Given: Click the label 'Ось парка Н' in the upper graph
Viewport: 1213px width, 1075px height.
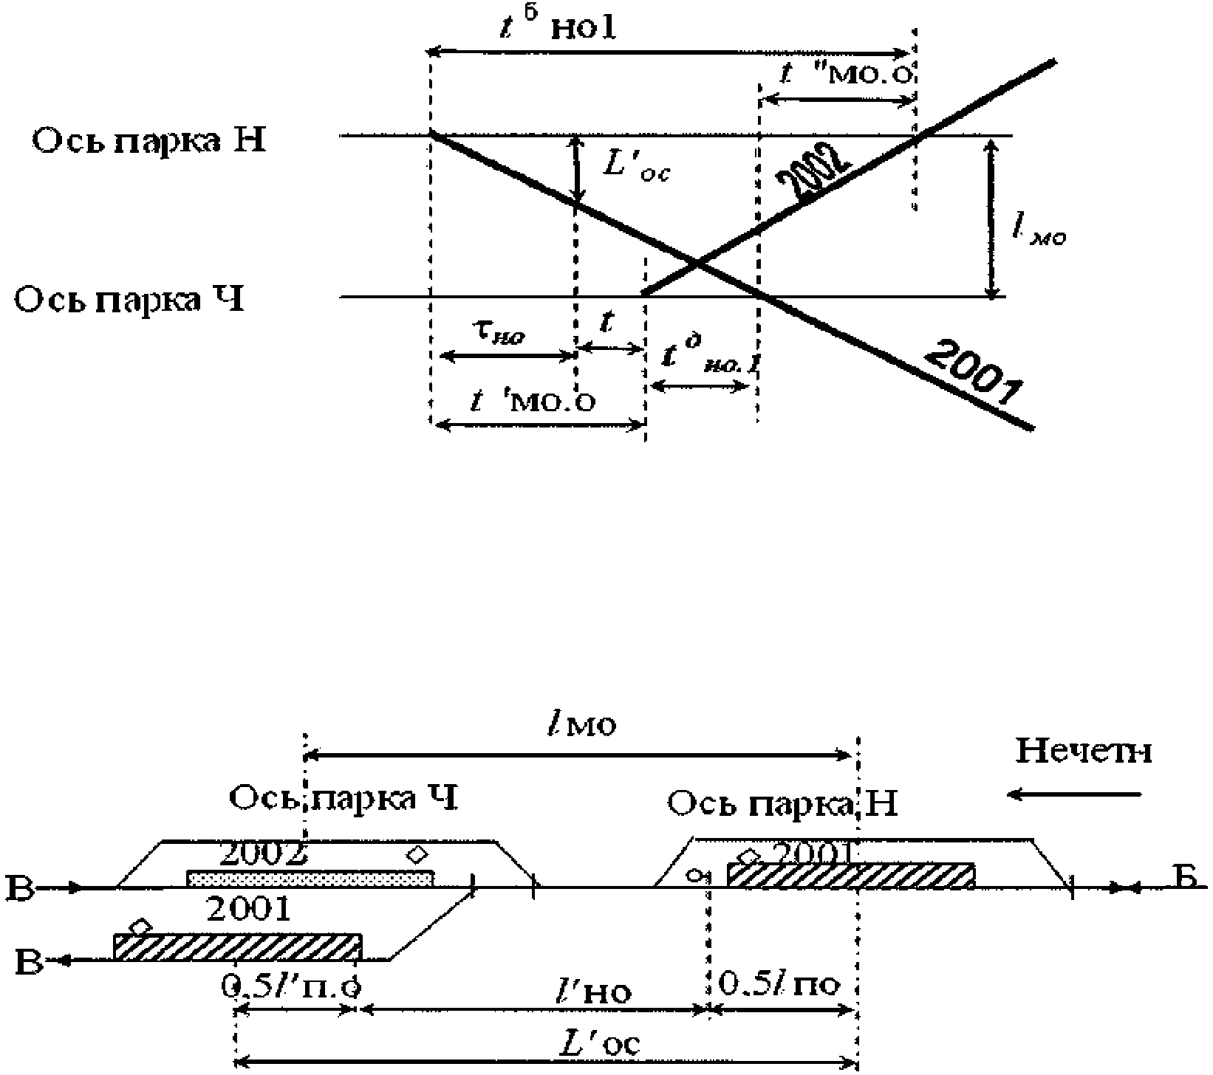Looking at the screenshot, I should [x=148, y=140].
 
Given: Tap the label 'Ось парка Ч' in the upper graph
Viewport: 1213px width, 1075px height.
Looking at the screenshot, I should [x=130, y=300].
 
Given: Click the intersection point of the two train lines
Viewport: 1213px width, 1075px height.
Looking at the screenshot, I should [x=696, y=262].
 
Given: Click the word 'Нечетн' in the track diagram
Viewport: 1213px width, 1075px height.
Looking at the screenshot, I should [x=1084, y=752].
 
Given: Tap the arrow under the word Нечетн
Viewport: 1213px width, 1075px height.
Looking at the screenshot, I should [x=1075, y=794].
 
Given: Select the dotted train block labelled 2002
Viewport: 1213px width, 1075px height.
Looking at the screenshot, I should [x=310, y=877].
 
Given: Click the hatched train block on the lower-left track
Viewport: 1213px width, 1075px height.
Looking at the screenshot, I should [x=238, y=946].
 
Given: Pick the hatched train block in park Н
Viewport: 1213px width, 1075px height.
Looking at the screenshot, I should [x=850, y=874].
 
